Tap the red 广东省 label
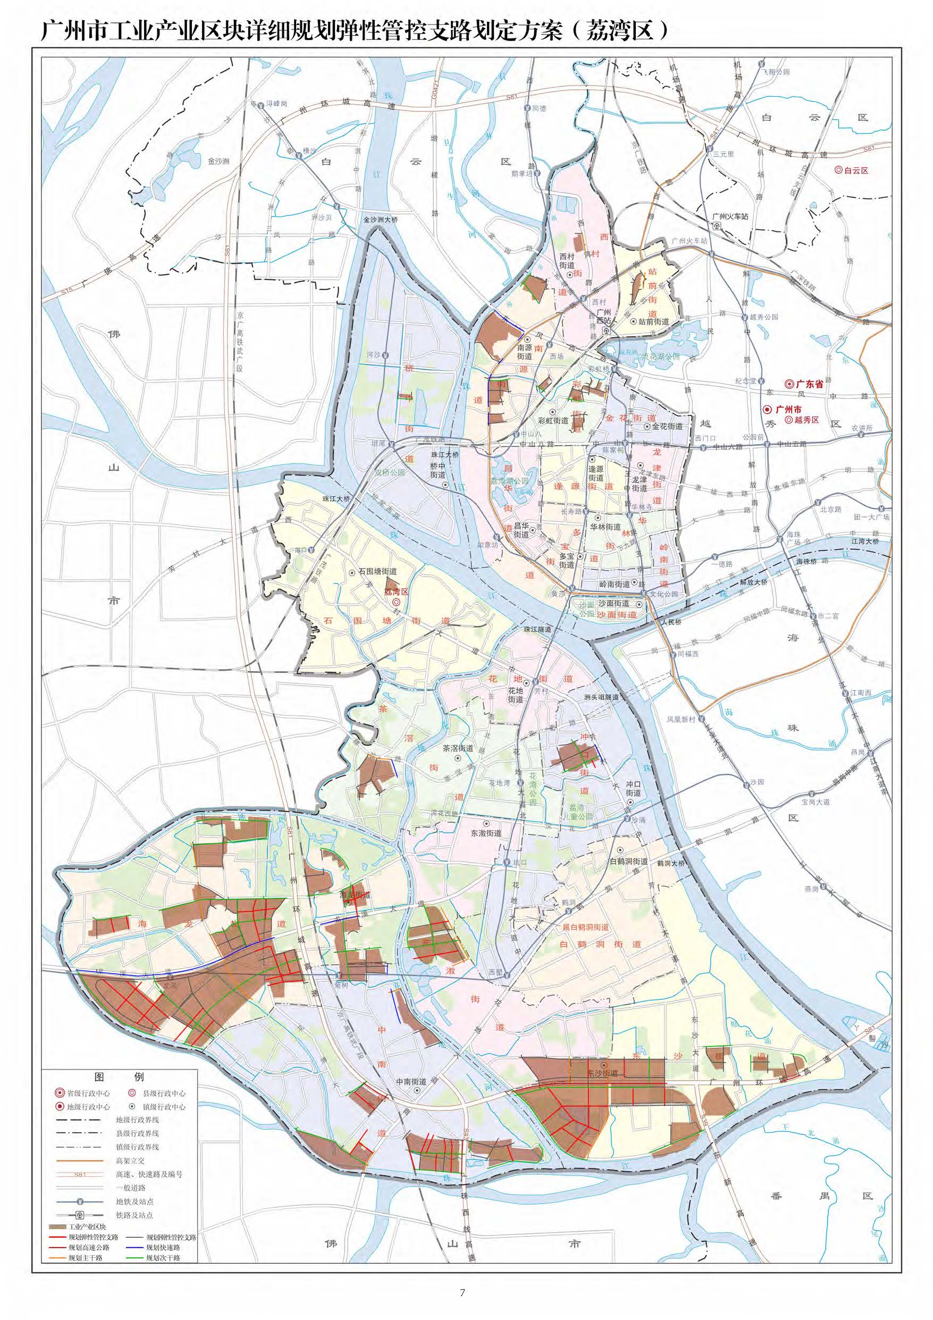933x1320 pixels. (810, 383)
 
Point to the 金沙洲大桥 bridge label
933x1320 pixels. (380, 220)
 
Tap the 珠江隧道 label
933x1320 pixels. (537, 630)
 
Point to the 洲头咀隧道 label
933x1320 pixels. (601, 697)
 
